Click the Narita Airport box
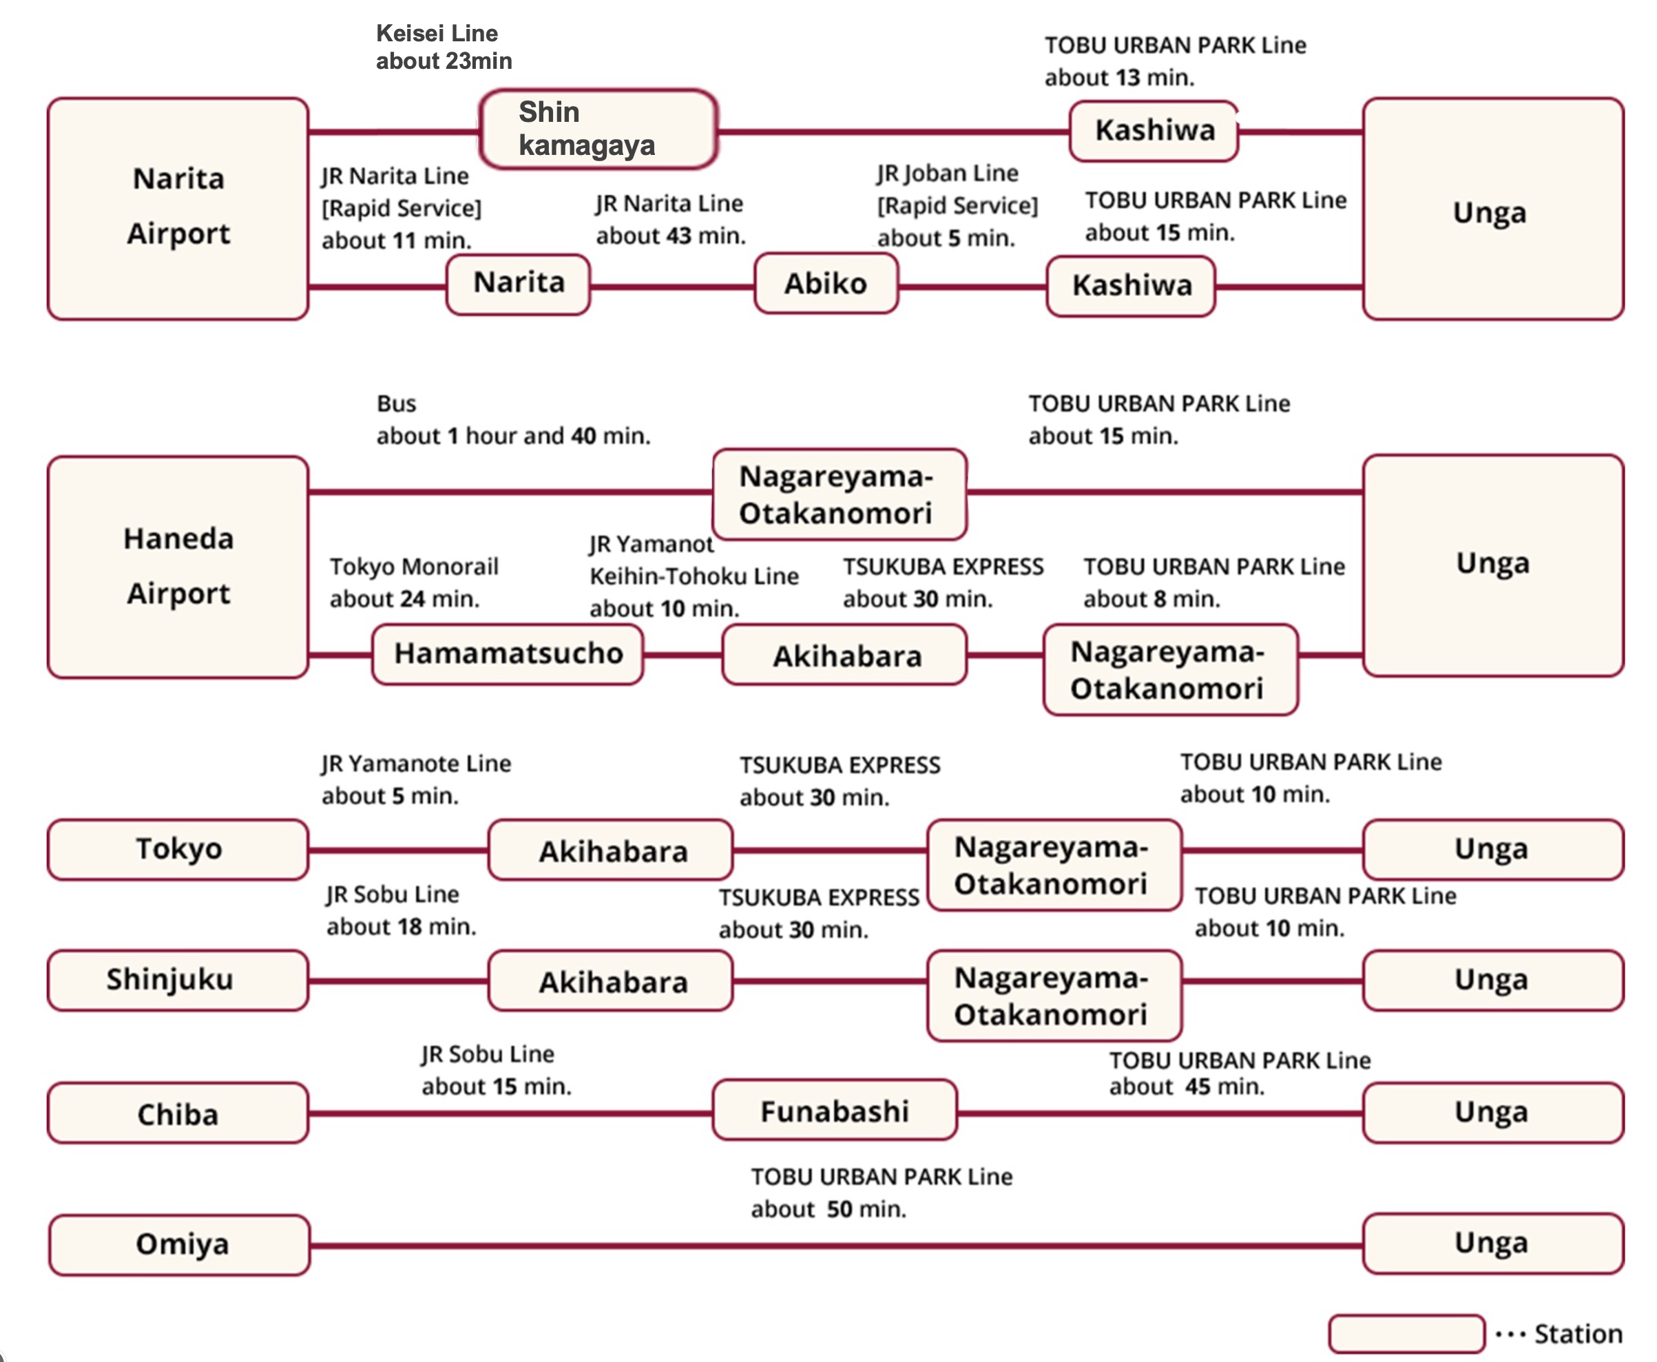tap(178, 208)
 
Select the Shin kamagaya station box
tap(598, 129)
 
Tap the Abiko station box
tap(825, 283)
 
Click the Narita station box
tap(518, 283)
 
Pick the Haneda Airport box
tap(178, 567)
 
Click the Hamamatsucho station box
tap(508, 653)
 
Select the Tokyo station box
tap(178, 849)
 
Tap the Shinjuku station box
tap(178, 980)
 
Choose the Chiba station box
tap(178, 1113)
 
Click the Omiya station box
tap(180, 1244)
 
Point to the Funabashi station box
tap(834, 1110)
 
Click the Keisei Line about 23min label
tap(444, 47)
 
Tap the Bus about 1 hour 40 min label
tap(513, 420)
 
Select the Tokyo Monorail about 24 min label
tap(413, 582)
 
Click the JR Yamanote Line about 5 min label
tap(416, 779)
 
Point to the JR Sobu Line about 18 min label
tap(401, 910)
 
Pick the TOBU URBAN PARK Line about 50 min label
tap(881, 1193)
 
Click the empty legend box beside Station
tap(1406, 1334)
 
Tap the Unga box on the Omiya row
tap(1492, 1244)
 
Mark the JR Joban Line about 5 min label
tap(957, 205)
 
